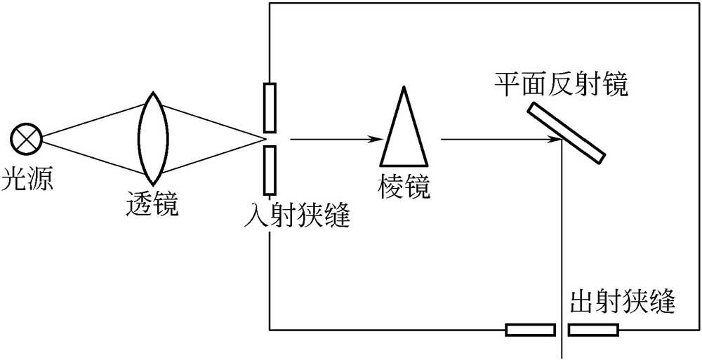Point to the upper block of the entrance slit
(x=270, y=107)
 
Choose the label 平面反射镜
(x=561, y=85)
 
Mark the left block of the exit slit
(x=531, y=328)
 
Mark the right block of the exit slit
(x=593, y=328)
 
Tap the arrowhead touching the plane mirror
(x=555, y=139)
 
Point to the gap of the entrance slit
(x=270, y=139)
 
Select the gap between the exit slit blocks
(x=562, y=328)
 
